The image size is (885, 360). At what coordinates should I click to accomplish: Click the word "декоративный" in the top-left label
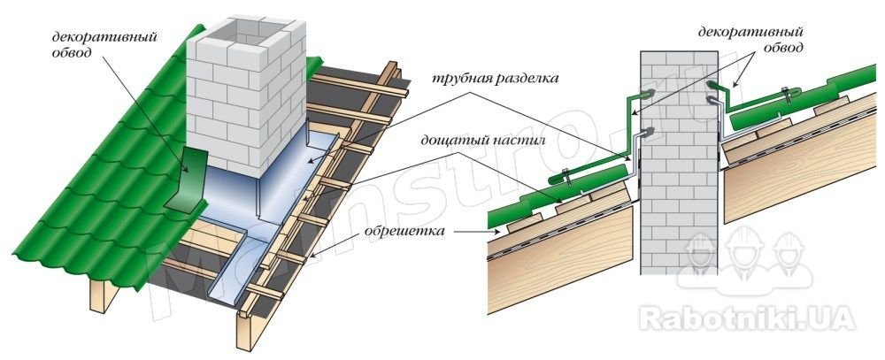pos(104,37)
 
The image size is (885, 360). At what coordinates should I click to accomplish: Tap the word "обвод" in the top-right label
pos(783,49)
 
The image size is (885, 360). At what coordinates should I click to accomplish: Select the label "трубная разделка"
pos(495,79)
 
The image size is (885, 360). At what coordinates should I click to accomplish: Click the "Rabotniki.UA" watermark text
pos(747,318)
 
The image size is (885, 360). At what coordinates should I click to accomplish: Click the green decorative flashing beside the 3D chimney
pos(188,180)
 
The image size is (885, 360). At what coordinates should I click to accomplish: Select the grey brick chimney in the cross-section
pos(679,162)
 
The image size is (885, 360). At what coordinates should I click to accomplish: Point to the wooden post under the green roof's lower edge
pos(104,295)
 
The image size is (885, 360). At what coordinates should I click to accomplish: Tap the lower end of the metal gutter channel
pos(222,294)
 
